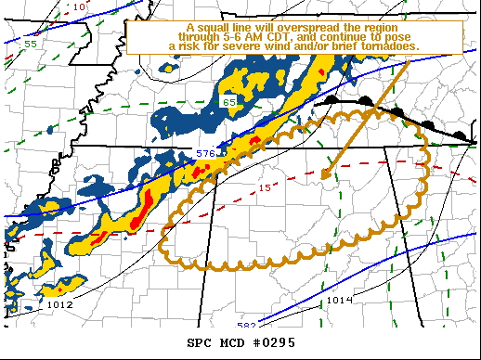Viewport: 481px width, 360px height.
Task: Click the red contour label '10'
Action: point(79,6)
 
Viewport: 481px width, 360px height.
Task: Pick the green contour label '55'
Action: point(31,44)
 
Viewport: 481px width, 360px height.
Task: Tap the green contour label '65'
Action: point(228,99)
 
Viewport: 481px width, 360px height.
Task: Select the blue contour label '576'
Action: point(205,153)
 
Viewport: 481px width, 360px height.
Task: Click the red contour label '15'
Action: point(266,188)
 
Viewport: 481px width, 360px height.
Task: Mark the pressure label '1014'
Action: point(339,300)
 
